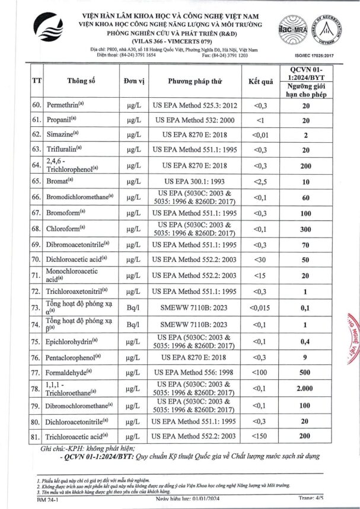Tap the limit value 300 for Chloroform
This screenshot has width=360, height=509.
tap(306, 228)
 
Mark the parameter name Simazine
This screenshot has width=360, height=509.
tap(62, 135)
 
